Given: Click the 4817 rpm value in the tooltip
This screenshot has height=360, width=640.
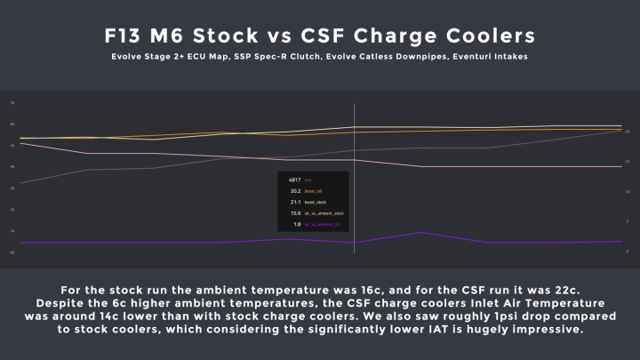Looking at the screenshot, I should (x=296, y=180).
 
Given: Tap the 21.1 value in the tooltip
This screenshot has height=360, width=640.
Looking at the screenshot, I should (x=296, y=202).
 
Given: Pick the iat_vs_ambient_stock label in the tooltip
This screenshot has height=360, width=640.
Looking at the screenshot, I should (x=324, y=213).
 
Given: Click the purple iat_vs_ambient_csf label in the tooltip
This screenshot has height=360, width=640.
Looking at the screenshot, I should (x=323, y=225).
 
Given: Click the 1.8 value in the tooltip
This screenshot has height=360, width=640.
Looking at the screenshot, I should (x=297, y=225).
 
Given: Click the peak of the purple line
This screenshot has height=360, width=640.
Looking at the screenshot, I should (x=422, y=233).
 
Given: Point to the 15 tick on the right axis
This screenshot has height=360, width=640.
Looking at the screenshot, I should (x=628, y=161).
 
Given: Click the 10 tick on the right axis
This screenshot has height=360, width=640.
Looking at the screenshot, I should (x=628, y=191).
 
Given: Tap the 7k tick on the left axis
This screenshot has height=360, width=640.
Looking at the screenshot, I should (x=12, y=102).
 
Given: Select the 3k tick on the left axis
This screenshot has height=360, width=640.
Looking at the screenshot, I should (x=12, y=188).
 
